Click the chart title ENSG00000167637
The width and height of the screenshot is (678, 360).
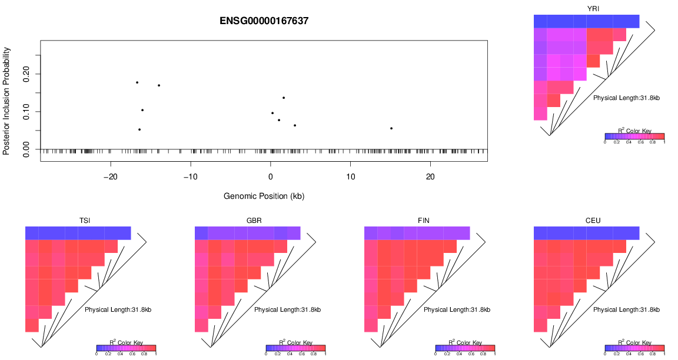pyautogui.click(x=264, y=21)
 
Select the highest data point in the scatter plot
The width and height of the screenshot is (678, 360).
pyautogui.click(x=137, y=82)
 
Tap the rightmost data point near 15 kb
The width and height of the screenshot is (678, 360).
pyautogui.click(x=391, y=128)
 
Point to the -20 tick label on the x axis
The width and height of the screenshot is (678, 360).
pyautogui.click(x=111, y=177)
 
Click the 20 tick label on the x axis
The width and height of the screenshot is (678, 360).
pyautogui.click(x=430, y=177)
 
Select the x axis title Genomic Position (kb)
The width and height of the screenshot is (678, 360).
pyautogui.click(x=264, y=195)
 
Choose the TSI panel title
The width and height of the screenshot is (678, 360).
pyautogui.click(x=85, y=221)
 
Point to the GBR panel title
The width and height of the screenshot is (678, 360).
pyautogui.click(x=254, y=221)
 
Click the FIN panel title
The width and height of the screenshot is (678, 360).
pyautogui.click(x=424, y=221)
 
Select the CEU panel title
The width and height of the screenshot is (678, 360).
pyautogui.click(x=593, y=221)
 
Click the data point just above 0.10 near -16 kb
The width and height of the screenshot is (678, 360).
pyautogui.click(x=142, y=110)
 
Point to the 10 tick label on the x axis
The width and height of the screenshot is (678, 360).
pyautogui.click(x=350, y=177)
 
